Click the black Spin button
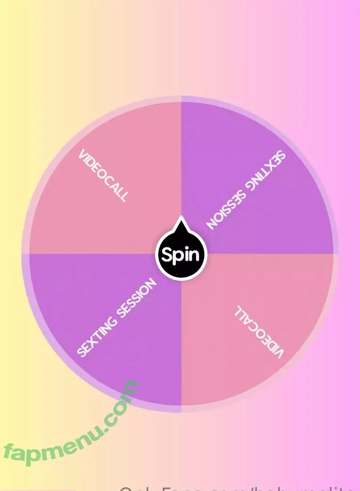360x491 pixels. tap(181, 255)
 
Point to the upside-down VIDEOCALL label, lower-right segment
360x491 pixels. tap(260, 332)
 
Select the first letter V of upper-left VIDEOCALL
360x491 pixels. tap(83, 155)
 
